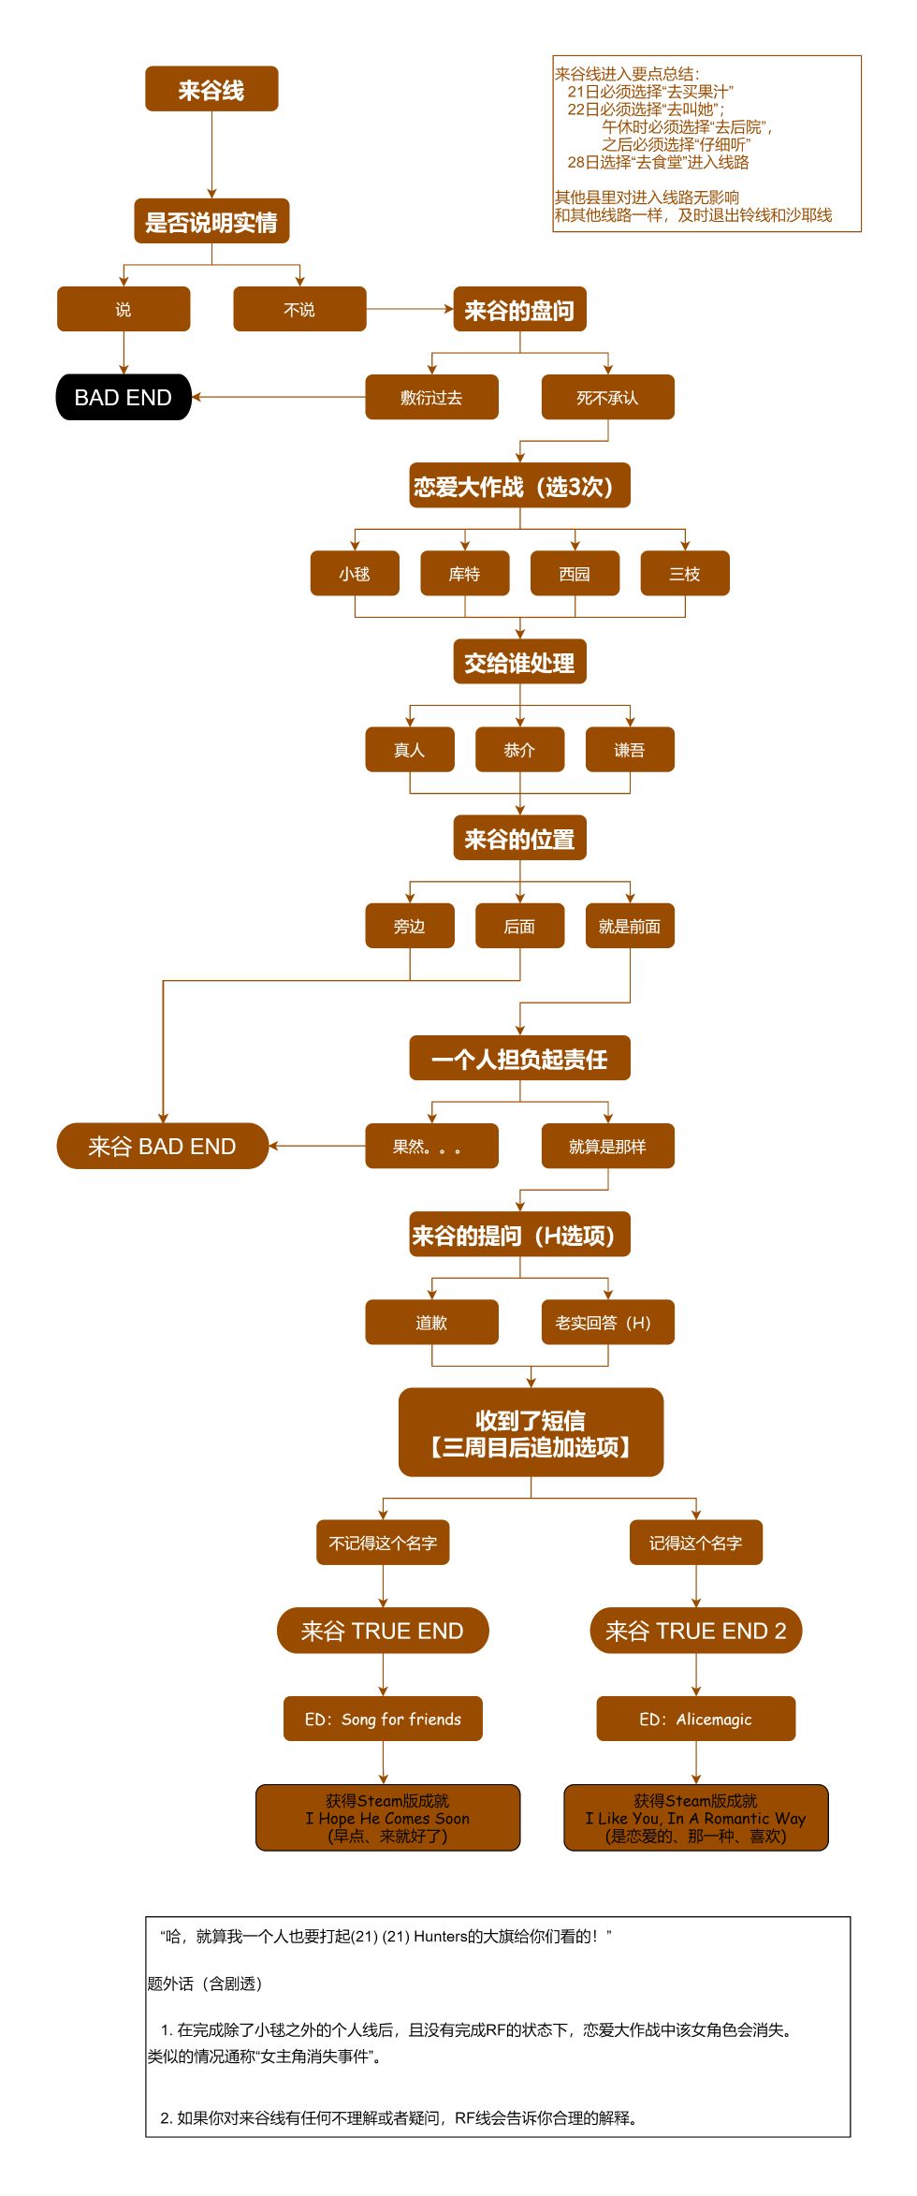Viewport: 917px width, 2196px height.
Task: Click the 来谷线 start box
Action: [x=211, y=89]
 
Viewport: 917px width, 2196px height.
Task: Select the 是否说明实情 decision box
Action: [x=211, y=221]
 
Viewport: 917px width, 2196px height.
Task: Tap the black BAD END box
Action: [x=124, y=397]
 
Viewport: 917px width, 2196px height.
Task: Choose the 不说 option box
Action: [x=299, y=309]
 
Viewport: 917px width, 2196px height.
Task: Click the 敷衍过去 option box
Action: [x=431, y=397]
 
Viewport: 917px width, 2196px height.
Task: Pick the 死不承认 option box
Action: [x=607, y=397]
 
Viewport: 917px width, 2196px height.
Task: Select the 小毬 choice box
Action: [x=355, y=573]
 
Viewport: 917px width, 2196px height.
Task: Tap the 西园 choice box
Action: [x=575, y=573]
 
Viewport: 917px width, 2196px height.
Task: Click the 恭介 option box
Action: [x=519, y=749]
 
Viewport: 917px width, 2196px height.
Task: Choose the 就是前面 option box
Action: [x=630, y=926]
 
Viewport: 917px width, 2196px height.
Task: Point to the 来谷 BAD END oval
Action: [x=162, y=1146]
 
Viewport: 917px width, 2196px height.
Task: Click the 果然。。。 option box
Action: [x=431, y=1146]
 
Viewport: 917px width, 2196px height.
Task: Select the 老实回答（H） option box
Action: [x=607, y=1322]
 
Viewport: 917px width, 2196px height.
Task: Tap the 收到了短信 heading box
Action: [x=531, y=1432]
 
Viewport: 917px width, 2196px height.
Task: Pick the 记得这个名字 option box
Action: [x=695, y=1543]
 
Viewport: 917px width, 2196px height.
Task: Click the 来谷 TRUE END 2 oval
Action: [x=695, y=1631]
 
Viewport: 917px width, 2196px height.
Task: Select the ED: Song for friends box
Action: [x=383, y=1719]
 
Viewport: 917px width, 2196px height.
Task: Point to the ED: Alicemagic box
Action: [x=695, y=1719]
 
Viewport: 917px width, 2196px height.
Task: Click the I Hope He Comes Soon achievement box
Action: [x=387, y=1818]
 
